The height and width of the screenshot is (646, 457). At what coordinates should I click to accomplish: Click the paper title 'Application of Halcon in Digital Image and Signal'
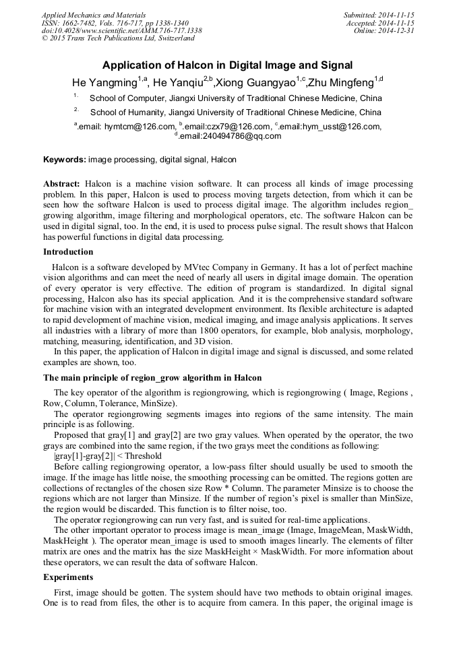228,65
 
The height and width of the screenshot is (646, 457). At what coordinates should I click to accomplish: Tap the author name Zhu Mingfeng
340,83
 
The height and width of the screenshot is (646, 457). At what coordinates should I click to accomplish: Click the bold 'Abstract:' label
62,184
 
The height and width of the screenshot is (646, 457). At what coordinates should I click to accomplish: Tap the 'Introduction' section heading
68,252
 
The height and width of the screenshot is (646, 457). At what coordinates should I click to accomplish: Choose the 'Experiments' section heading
69,577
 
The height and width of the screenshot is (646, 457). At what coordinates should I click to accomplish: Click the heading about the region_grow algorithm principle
152,377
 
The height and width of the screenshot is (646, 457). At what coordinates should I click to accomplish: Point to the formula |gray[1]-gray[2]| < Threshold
108,456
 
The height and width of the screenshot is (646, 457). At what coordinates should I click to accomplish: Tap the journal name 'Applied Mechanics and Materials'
93,15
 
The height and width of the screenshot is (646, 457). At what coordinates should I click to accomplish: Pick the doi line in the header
121,31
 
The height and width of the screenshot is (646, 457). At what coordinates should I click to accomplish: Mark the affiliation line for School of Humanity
235,112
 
